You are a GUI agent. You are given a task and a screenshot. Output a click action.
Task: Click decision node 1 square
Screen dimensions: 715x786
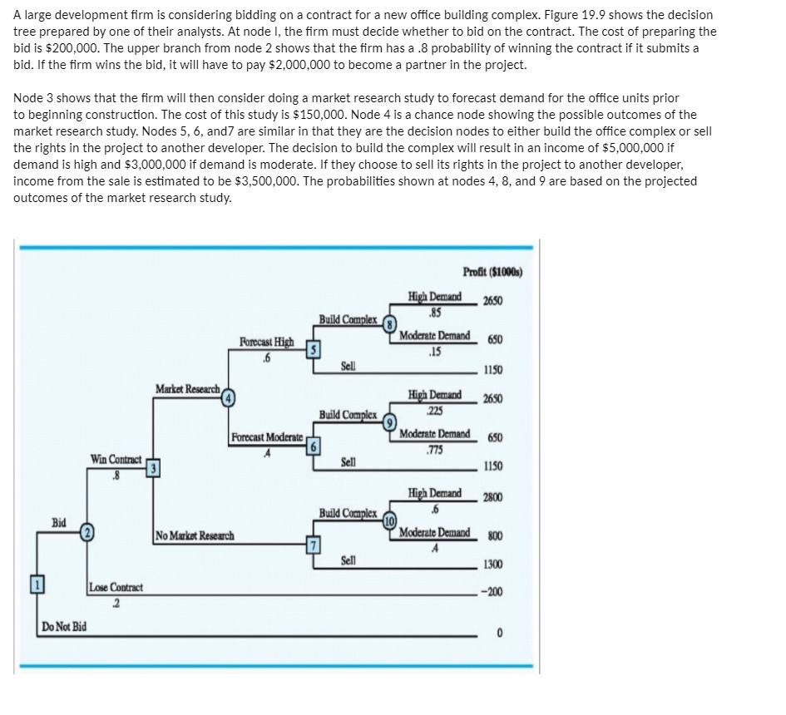tap(35, 588)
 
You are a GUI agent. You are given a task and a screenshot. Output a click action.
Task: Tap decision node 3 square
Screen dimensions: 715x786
tap(152, 467)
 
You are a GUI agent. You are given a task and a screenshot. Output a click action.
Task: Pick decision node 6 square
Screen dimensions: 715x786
tap(312, 445)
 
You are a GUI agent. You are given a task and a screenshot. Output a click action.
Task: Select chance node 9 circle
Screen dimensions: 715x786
tap(387, 420)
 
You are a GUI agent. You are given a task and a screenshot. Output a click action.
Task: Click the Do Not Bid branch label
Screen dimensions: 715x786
tap(62, 625)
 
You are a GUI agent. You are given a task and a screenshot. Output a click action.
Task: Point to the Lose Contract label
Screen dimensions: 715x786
tap(116, 588)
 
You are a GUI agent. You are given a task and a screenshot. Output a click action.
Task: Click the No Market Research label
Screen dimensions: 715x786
tap(194, 536)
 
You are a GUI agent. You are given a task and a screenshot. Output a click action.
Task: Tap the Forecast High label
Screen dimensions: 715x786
tap(266, 342)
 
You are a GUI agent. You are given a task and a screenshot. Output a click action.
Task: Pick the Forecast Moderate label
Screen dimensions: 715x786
tap(267, 438)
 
